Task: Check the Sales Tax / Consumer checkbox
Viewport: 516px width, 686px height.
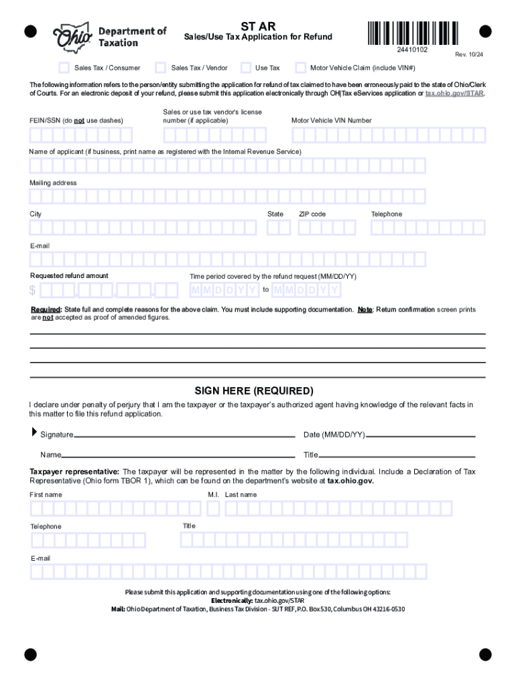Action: pyautogui.click(x=64, y=67)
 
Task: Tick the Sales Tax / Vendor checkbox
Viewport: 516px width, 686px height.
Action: pyautogui.click(x=160, y=67)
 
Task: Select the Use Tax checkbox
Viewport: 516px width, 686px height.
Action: pyautogui.click(x=246, y=67)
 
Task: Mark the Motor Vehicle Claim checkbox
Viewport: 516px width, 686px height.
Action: pyautogui.click(x=300, y=67)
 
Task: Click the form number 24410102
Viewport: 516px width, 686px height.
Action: pyautogui.click(x=412, y=51)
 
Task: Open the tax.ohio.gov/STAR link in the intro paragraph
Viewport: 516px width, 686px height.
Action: pyautogui.click(x=454, y=94)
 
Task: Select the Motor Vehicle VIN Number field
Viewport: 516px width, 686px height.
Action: pyautogui.click(x=388, y=135)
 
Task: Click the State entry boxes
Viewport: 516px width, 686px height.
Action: pyautogui.click(x=278, y=228)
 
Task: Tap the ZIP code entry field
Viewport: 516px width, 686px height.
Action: pyautogui.click(x=327, y=228)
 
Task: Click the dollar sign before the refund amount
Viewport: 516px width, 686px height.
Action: pyautogui.click(x=33, y=291)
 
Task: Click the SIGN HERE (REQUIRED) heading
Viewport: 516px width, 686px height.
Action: pyautogui.click(x=254, y=391)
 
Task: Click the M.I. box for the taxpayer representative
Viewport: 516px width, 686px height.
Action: pyautogui.click(x=213, y=509)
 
